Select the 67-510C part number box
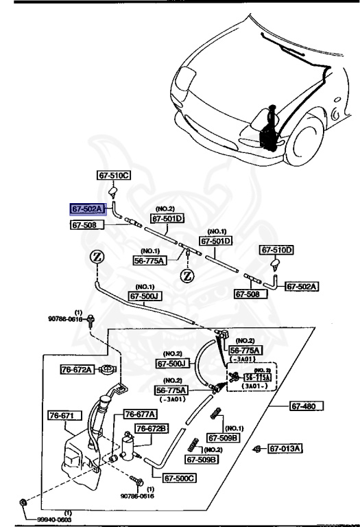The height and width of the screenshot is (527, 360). pyautogui.click(x=114, y=176)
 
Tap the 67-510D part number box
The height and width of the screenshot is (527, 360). pyautogui.click(x=276, y=250)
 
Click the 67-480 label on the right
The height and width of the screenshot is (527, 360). pyautogui.click(x=307, y=406)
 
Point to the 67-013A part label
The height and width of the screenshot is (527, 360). pyautogui.click(x=286, y=449)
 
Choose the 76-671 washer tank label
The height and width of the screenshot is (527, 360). pyautogui.click(x=65, y=415)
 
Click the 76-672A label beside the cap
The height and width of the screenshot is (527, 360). pyautogui.click(x=76, y=369)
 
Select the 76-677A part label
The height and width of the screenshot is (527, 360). pyautogui.click(x=140, y=414)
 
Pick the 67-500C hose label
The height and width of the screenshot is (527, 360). pyautogui.click(x=180, y=478)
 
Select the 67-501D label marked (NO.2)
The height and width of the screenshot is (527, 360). pyautogui.click(x=168, y=219)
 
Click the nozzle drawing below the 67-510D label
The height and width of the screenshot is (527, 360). pyautogui.click(x=276, y=264)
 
